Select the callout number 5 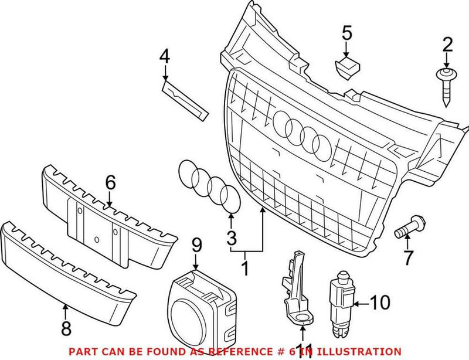348,33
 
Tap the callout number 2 447,44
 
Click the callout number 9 196,243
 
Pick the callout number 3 232,238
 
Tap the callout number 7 408,257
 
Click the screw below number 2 446,87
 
